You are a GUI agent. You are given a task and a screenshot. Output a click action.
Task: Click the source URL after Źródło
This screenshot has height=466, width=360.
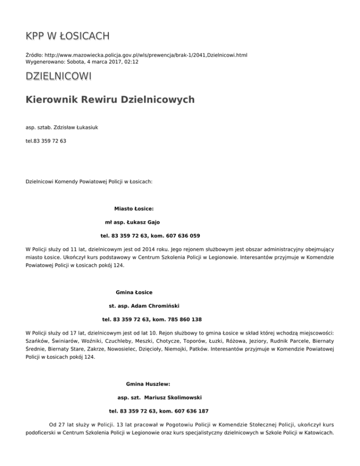coord(146,55)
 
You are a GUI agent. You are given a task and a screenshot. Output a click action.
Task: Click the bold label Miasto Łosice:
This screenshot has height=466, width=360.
coord(134,209)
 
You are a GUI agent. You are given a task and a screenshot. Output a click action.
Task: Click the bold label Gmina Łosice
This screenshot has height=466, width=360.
coord(134,293)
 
